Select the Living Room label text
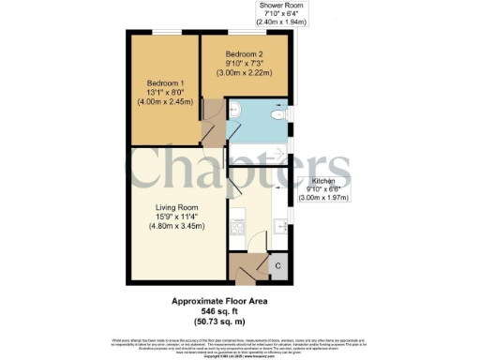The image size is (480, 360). (176, 208)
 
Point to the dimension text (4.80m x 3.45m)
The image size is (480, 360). (176, 229)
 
